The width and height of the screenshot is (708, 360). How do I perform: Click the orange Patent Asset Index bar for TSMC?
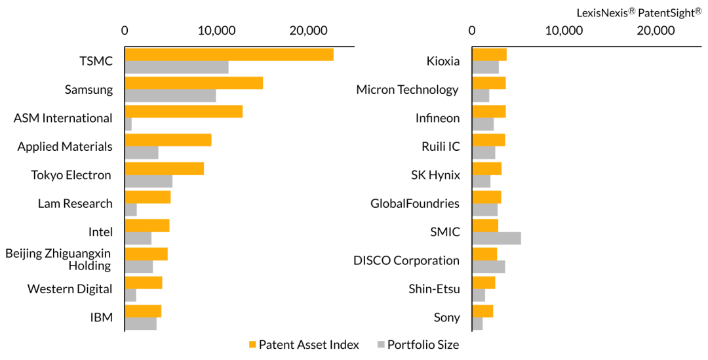coord(229,54)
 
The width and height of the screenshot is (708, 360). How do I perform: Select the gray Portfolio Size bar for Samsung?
coord(170,96)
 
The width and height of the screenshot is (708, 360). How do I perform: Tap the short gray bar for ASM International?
coord(128,124)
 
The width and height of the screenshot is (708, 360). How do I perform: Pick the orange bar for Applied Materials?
coord(168,140)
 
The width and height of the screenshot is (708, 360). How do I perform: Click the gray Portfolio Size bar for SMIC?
coord(497,238)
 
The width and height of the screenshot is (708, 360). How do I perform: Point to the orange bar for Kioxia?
coord(490,54)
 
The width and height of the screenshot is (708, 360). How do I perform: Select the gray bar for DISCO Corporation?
coord(488,266)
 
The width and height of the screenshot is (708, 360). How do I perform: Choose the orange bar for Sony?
coord(482,311)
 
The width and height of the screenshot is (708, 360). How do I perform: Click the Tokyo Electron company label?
coord(71,175)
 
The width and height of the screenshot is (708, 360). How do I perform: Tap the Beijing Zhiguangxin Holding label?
coord(58,259)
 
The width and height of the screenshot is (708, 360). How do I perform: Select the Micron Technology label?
coord(407,89)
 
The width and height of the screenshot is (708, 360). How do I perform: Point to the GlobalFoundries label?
coord(415,203)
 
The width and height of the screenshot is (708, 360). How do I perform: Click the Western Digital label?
coord(70,289)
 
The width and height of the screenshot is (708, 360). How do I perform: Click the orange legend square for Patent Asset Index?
coord(253,345)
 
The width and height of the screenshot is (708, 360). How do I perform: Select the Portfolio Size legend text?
coord(423,345)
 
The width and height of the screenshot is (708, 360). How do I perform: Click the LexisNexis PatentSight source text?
coord(639,12)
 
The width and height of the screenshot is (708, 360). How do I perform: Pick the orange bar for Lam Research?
coord(147,197)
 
